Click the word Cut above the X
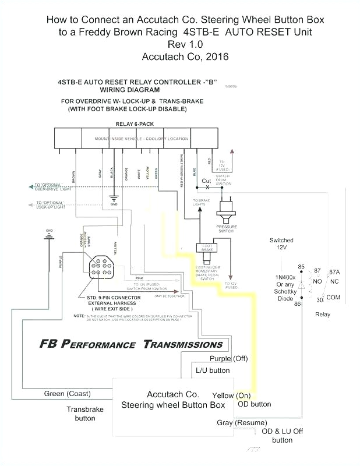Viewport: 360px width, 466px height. tap(206, 181)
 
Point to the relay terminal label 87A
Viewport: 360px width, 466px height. tap(334, 272)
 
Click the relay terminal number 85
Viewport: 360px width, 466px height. tap(301, 267)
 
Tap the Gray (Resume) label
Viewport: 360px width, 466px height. tap(242, 422)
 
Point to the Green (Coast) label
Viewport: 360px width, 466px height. tap(67, 394)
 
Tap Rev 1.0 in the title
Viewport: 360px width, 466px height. tap(185, 45)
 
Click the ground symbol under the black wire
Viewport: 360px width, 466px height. tap(114, 198)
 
